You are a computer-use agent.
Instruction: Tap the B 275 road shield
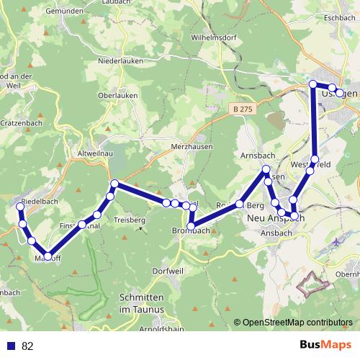pos(244,109)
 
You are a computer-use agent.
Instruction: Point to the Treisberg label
pos(130,219)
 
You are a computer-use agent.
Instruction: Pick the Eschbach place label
pos(341,17)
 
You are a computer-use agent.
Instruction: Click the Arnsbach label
pos(256,156)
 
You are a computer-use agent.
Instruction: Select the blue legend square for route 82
pos(9,346)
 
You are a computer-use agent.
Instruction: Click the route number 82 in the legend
pos(28,346)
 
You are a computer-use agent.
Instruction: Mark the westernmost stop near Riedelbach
pos(21,207)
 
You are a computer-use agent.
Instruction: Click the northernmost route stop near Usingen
pos(313,84)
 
